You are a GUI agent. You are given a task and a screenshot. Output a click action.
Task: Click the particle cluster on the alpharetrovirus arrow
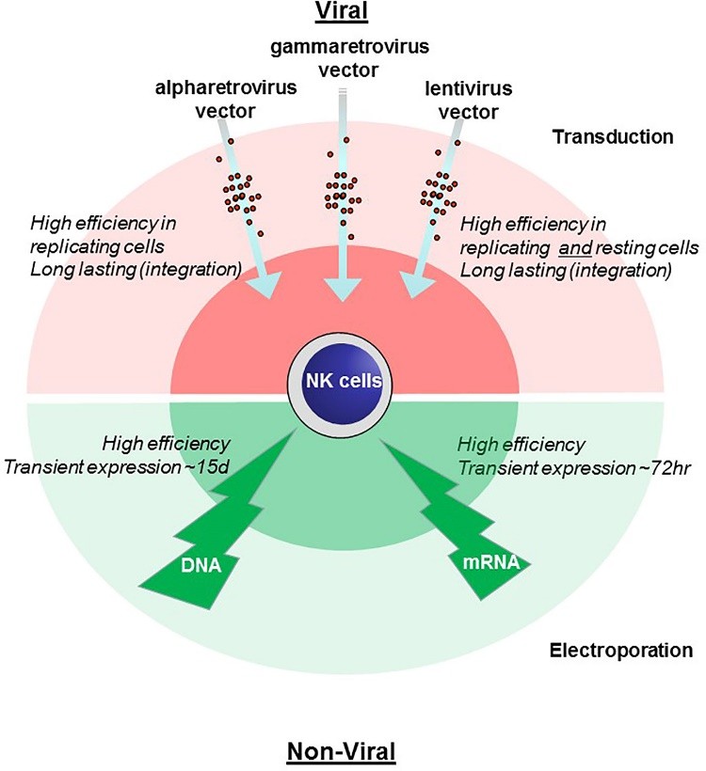click(x=241, y=193)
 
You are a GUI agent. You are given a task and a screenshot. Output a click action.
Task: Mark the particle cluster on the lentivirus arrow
click(x=439, y=193)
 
